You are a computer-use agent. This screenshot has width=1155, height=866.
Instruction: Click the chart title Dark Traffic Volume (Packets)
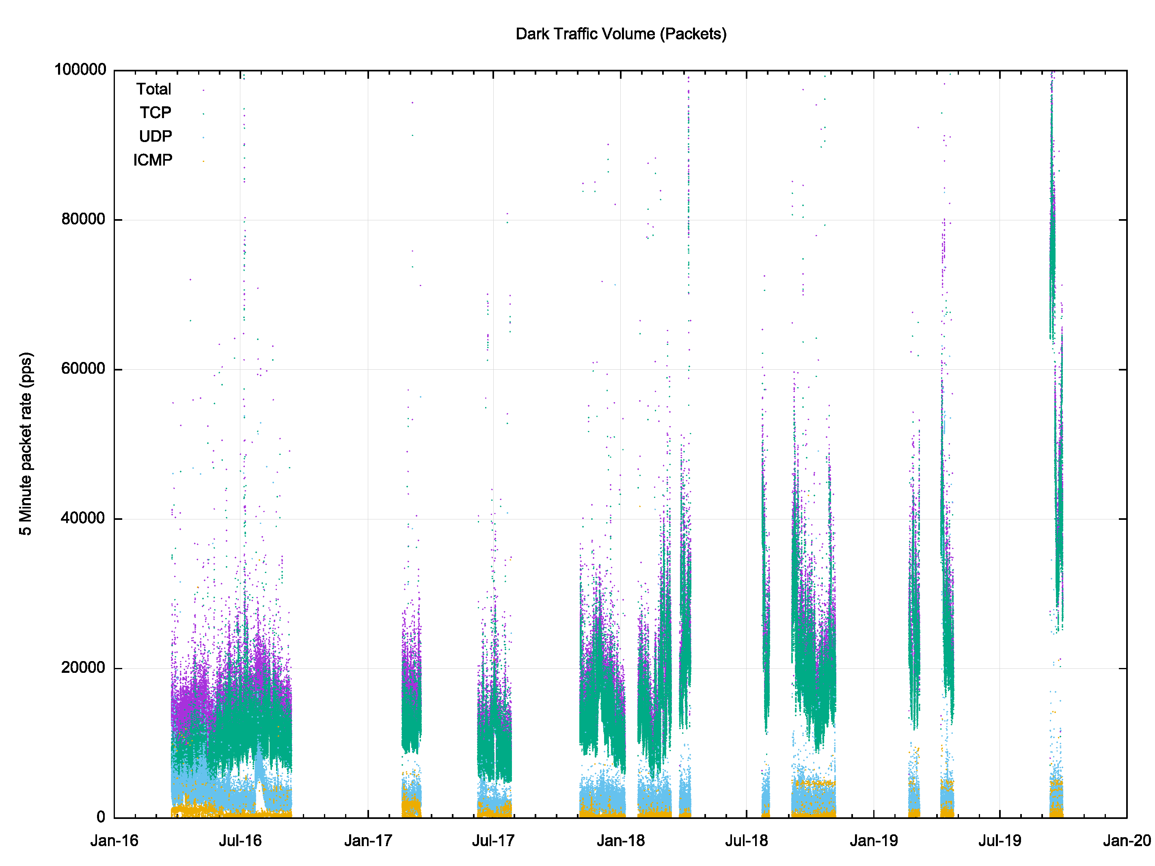[x=621, y=34]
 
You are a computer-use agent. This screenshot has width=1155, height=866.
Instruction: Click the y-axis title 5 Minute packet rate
[x=26, y=444]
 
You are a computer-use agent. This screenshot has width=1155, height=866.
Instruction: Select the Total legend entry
[x=153, y=89]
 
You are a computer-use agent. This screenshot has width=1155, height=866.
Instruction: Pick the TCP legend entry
[x=155, y=113]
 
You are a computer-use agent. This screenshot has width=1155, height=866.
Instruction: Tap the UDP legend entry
[x=155, y=136]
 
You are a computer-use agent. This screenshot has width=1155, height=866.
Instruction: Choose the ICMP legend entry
[x=153, y=160]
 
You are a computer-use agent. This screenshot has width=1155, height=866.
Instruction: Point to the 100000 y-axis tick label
[x=80, y=69]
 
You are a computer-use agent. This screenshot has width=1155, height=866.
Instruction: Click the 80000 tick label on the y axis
[x=84, y=219]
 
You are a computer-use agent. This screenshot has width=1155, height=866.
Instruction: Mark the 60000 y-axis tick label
[x=84, y=368]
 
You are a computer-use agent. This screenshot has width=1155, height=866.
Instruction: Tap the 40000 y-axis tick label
[x=84, y=518]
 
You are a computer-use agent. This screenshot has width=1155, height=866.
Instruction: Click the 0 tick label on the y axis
[x=101, y=817]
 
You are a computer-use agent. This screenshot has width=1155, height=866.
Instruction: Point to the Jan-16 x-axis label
[x=114, y=841]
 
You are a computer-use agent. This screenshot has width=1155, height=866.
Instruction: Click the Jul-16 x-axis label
[x=240, y=841]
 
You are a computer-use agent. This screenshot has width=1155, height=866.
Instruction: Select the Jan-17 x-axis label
[x=368, y=841]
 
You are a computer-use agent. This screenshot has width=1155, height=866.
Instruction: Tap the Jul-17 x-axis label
[x=493, y=841]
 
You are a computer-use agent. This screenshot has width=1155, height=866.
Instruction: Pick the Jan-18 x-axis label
[x=621, y=841]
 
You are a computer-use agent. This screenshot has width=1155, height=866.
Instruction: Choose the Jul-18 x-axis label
[x=747, y=841]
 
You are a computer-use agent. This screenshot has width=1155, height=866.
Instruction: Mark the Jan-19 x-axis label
[x=874, y=841]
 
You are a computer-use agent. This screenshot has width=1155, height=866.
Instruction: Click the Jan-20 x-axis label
[x=1127, y=841]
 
